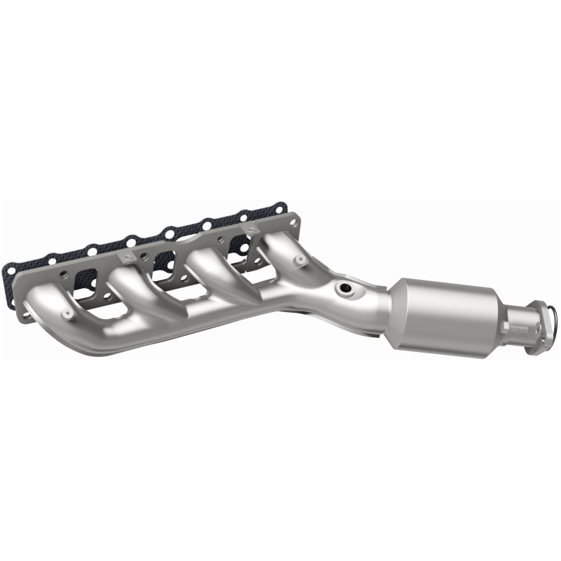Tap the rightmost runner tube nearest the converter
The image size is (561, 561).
280,252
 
